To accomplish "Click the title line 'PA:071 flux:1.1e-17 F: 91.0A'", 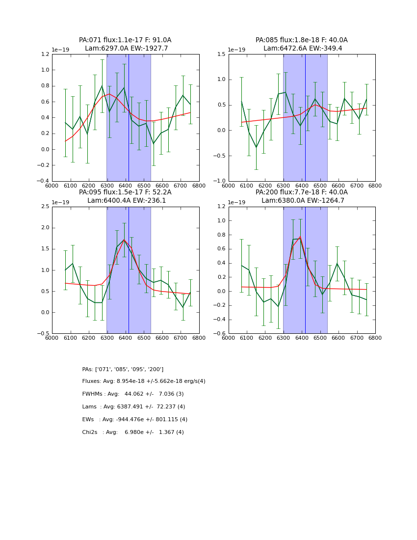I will click(125, 40).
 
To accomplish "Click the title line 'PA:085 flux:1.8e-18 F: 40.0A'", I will click(301, 40).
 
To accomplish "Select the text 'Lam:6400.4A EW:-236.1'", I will click(127, 201).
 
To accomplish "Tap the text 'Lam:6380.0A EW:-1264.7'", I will click(303, 201).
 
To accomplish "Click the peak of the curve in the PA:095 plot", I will click(124, 240).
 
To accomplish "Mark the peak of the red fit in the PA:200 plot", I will click(300, 237).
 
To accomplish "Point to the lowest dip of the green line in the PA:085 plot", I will click(256, 147).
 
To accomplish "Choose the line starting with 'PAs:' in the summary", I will click(123, 369).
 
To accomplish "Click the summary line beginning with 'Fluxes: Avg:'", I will click(144, 381).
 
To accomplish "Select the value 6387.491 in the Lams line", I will click(135, 407).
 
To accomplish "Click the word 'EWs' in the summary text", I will click(88, 420).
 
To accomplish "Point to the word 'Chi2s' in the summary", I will click(90, 432).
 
